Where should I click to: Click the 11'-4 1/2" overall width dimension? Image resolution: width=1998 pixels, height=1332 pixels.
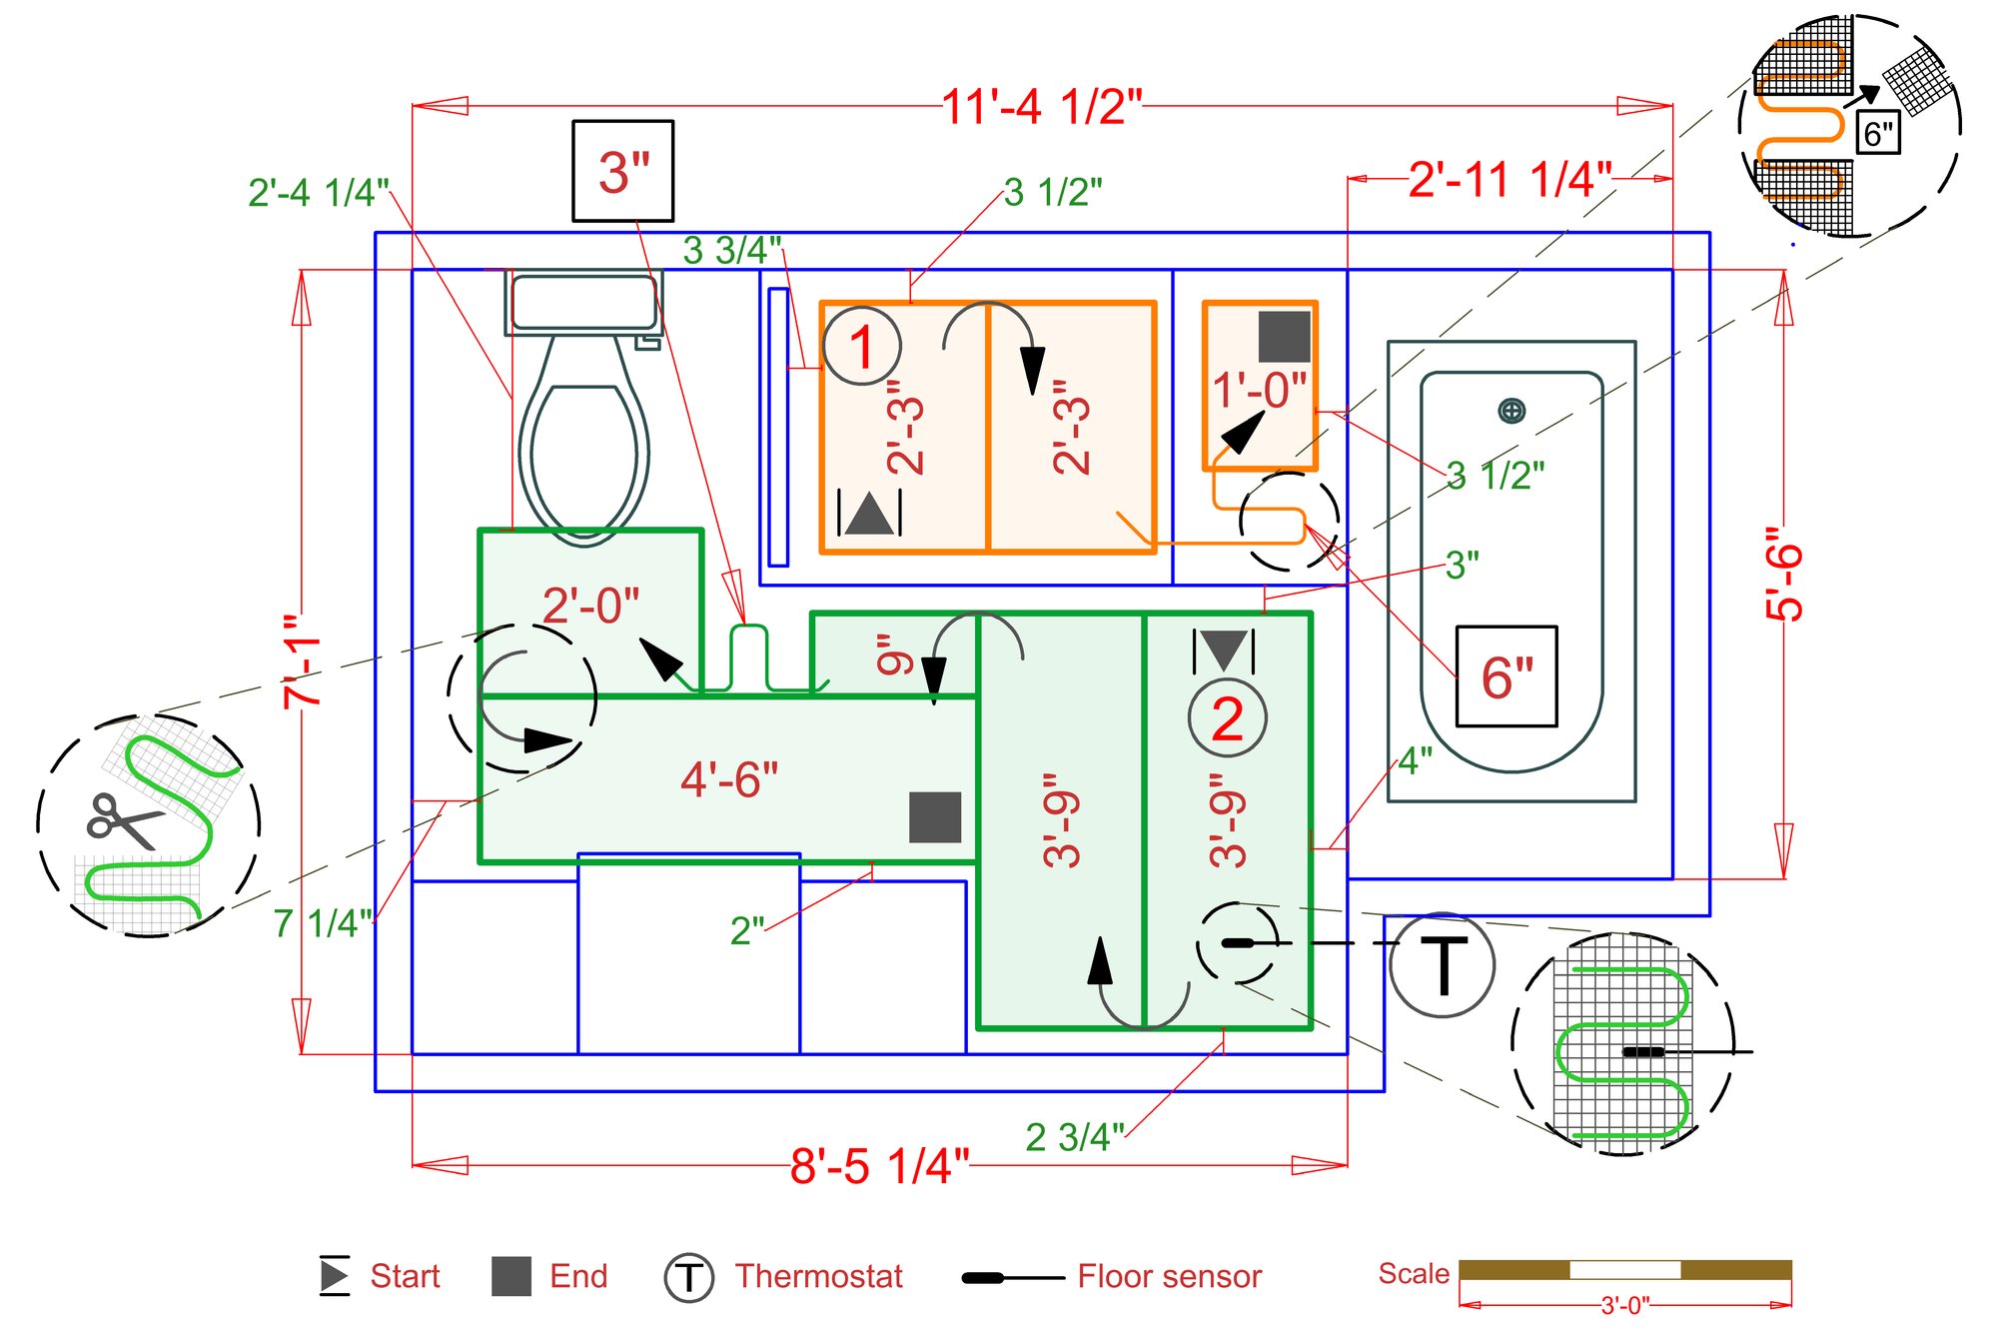[1042, 107]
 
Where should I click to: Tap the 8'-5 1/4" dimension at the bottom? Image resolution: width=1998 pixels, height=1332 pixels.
[879, 1165]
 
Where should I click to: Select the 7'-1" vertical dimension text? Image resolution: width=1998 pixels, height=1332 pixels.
[302, 663]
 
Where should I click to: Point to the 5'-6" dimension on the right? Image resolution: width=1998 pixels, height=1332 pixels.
[1785, 574]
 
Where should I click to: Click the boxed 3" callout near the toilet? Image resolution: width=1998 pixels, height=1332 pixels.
[622, 171]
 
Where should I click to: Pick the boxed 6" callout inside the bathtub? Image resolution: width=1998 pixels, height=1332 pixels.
[1506, 676]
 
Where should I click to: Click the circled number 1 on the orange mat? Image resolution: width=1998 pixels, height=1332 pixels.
[862, 347]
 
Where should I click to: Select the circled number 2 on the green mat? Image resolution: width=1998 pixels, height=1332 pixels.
[1228, 718]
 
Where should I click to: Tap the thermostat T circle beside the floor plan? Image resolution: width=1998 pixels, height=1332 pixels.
[1443, 965]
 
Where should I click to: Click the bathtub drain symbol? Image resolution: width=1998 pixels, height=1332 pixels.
[1511, 411]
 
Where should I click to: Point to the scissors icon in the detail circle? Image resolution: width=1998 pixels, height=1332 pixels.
[124, 820]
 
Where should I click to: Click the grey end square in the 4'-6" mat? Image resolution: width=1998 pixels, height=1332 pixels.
[935, 817]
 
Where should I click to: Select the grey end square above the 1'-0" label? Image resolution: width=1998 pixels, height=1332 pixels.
[1284, 337]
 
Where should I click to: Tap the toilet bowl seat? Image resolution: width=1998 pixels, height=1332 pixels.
[584, 452]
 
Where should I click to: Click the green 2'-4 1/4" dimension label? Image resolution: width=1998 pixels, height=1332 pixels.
[318, 193]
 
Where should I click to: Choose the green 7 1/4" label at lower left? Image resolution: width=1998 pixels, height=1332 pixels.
[322, 923]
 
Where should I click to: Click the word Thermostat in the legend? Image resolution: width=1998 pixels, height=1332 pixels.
[819, 1276]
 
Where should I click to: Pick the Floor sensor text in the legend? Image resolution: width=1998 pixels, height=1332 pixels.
[1170, 1276]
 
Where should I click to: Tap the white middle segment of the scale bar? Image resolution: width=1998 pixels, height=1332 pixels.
[1625, 1270]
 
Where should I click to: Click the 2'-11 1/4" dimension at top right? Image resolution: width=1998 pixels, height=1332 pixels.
[1510, 180]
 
